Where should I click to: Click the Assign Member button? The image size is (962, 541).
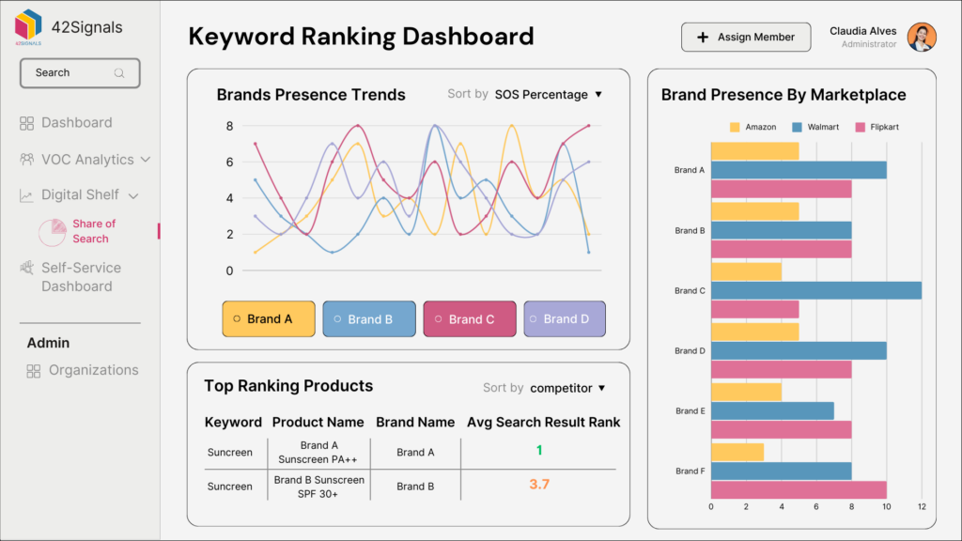[x=745, y=38]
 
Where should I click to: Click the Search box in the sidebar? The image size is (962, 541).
[x=80, y=73]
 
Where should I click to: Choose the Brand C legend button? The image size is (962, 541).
[x=470, y=319]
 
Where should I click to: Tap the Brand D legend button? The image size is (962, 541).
[x=565, y=319]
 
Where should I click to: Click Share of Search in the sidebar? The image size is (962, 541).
[x=93, y=231]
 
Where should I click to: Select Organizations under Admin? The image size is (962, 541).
[x=92, y=370]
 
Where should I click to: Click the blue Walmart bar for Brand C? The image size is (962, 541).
[x=815, y=290]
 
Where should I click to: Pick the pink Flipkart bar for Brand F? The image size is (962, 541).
[x=798, y=489]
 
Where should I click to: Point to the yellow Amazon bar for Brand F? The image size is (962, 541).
[x=737, y=453]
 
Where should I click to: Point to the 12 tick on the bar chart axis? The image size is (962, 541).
[x=922, y=507]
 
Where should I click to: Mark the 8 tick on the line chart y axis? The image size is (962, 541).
[x=229, y=126]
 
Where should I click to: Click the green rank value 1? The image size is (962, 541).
[x=539, y=451]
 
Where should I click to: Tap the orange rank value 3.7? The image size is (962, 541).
[x=539, y=485]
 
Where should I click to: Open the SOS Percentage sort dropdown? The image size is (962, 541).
[x=548, y=94]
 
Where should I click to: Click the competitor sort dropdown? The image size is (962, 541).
[x=567, y=388]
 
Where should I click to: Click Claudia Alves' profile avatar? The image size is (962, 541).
[x=922, y=38]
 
